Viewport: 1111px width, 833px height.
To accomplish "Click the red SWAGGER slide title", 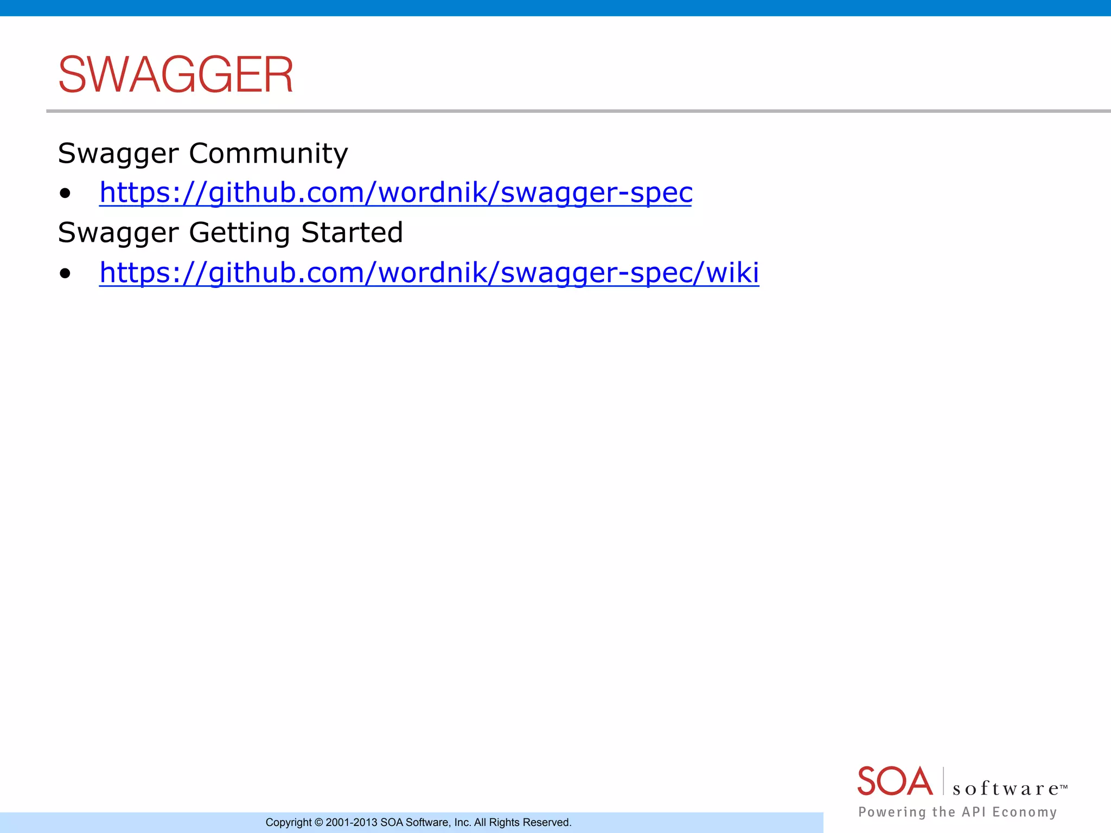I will (x=175, y=75).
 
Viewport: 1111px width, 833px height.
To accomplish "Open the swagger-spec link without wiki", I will (x=395, y=193).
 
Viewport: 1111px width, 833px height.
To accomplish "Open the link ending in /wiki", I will (x=429, y=273).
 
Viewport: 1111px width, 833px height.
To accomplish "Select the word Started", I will (x=352, y=233).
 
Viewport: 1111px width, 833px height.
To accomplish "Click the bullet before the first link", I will (x=65, y=194).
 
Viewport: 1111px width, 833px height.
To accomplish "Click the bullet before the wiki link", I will (x=65, y=273).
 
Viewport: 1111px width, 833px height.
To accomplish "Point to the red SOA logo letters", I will (x=895, y=781).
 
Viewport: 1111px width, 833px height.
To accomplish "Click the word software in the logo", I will (x=1005, y=789).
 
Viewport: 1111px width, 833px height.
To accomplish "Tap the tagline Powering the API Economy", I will (x=957, y=812).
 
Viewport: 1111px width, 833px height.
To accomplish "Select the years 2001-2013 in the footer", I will (x=351, y=823).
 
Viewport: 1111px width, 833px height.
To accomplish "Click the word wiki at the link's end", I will (x=732, y=272).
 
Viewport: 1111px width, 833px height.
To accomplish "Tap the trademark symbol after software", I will (x=1064, y=786).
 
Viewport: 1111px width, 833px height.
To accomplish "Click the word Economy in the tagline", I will (x=1024, y=812).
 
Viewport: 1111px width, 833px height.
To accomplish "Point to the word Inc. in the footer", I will (x=463, y=823).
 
